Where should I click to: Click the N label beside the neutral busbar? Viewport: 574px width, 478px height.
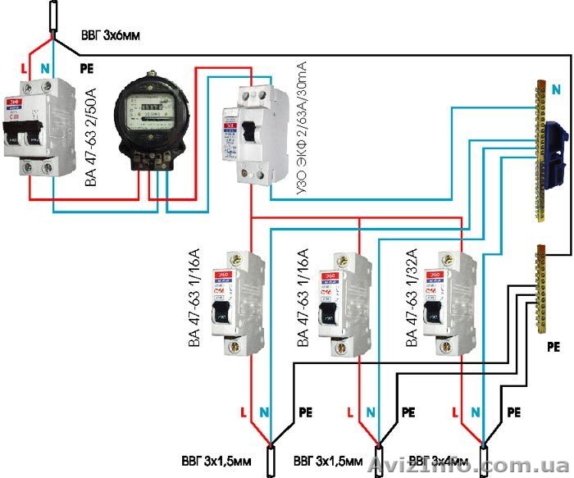tap(558, 88)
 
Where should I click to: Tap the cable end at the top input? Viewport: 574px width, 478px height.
tap(53, 16)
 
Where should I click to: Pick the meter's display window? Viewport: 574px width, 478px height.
tap(149, 107)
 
